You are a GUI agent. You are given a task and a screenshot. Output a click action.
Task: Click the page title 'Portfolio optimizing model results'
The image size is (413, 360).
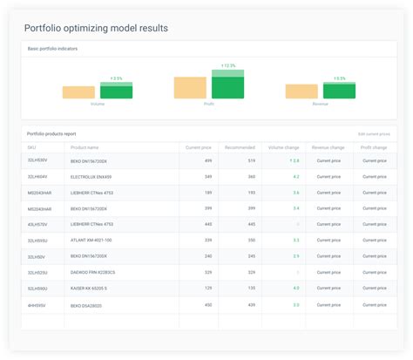click(96, 28)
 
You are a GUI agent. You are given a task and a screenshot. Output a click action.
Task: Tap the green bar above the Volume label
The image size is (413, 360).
click(116, 92)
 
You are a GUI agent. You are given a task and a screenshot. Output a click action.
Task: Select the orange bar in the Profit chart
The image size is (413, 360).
click(190, 87)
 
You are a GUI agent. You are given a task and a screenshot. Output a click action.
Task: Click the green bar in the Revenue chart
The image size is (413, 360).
click(339, 91)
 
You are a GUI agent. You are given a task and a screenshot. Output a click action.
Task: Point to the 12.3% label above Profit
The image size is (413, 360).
click(228, 65)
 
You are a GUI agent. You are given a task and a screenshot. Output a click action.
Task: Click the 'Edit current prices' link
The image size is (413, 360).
click(374, 133)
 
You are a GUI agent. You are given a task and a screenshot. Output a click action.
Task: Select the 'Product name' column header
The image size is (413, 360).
click(86, 147)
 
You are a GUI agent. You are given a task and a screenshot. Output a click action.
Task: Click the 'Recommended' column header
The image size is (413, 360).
click(240, 147)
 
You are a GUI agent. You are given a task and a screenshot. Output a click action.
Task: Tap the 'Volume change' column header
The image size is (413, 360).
click(283, 147)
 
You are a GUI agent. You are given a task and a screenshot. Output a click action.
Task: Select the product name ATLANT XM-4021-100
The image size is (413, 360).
click(91, 240)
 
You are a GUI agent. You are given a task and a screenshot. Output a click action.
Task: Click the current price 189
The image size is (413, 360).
click(208, 192)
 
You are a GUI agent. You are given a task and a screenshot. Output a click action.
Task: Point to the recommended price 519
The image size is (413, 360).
click(251, 160)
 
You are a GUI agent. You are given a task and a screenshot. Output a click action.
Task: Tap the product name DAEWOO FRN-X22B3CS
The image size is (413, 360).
click(92, 272)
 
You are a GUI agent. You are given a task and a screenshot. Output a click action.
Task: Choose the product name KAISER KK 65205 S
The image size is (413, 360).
click(91, 288)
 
